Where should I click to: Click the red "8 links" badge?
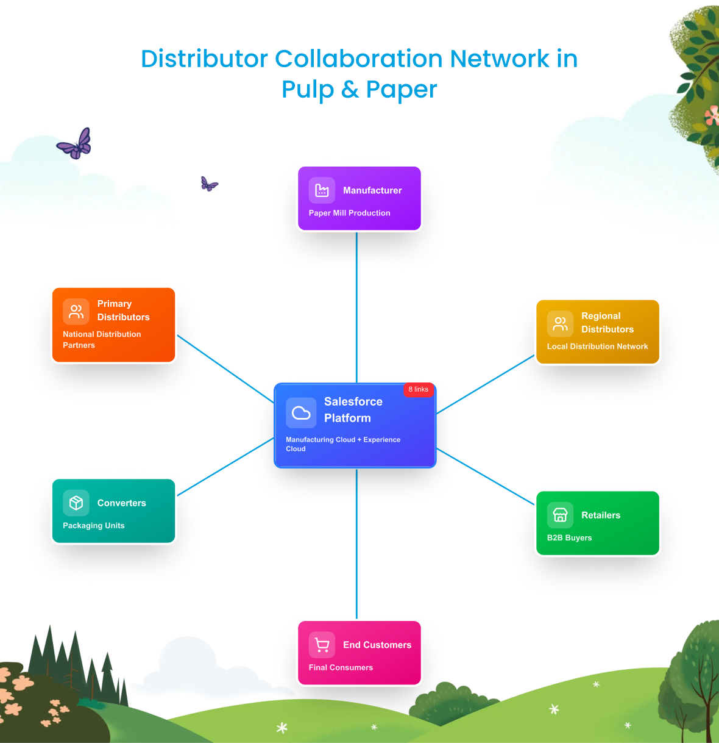coord(418,389)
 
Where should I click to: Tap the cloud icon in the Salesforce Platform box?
coord(301,413)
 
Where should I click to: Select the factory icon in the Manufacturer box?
coord(322,190)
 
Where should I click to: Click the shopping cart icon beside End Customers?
coord(322,645)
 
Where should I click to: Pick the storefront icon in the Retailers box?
coord(560,515)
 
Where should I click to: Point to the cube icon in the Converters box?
coord(76,503)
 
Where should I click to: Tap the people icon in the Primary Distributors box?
coord(76,312)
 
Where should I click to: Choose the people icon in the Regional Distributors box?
coord(560,324)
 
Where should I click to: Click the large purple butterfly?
coord(76,145)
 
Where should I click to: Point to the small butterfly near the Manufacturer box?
coord(208,184)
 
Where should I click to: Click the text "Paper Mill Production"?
coord(349,213)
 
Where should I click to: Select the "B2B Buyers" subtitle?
coord(569,537)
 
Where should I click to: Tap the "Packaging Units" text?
coord(93,525)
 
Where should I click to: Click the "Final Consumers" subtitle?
coord(341,667)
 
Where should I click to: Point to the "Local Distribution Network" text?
coord(597,346)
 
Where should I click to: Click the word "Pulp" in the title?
coord(308,89)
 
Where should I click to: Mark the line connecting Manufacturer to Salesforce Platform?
coord(356,305)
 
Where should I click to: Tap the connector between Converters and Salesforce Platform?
coord(225,467)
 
